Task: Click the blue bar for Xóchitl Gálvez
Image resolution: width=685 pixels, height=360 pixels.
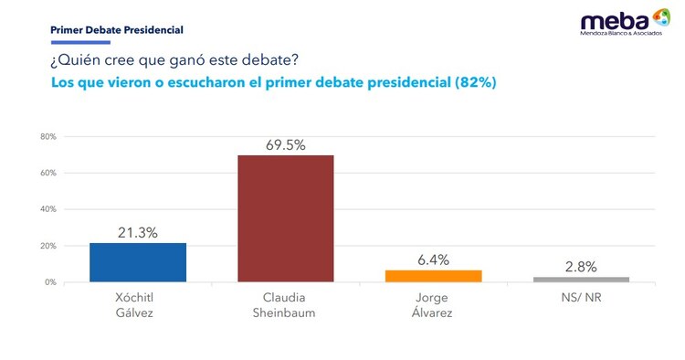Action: coord(138,262)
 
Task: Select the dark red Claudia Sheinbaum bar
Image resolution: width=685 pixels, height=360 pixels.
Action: coord(286,218)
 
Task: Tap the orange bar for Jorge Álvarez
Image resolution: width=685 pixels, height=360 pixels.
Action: coord(433,276)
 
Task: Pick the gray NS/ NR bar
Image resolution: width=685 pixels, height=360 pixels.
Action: coord(581,279)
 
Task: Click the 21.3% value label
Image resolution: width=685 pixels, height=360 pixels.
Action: coord(138,233)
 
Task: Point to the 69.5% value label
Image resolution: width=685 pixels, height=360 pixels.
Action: coord(286,144)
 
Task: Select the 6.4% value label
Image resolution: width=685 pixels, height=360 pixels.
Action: coord(433,260)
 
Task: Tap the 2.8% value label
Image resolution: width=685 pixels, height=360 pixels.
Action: coord(581,267)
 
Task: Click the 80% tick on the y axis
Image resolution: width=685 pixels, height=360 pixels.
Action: coord(47,137)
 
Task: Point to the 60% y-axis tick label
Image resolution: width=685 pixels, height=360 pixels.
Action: coord(47,174)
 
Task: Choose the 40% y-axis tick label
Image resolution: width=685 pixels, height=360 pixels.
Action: coord(47,209)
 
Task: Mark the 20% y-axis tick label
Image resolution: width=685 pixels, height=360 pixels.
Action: coord(47,246)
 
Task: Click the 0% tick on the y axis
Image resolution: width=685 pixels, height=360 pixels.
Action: coord(50,282)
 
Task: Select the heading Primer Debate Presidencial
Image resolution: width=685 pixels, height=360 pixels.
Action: coord(116,30)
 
